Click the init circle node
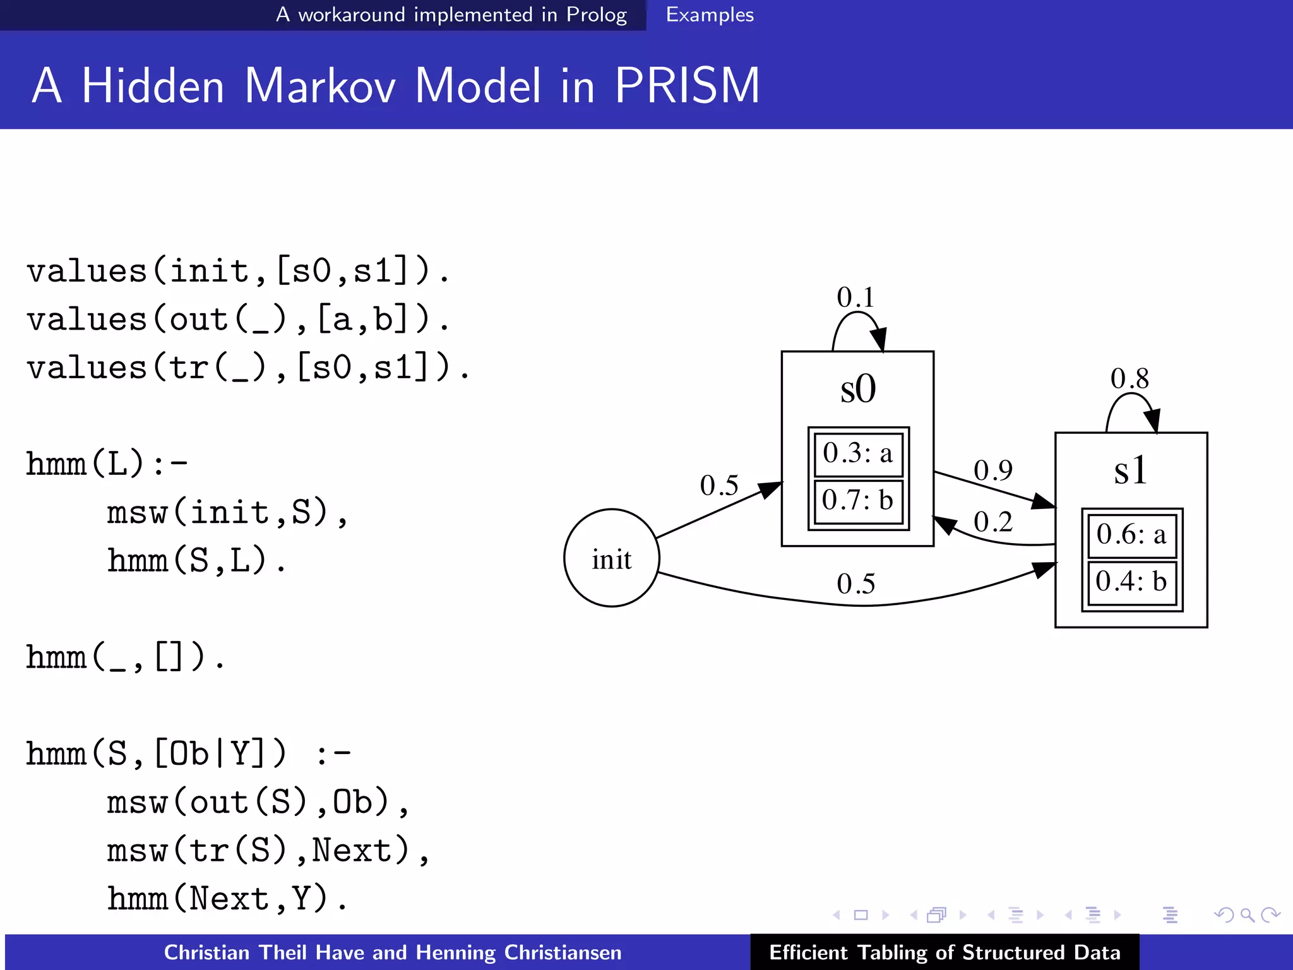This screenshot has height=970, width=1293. [x=611, y=558]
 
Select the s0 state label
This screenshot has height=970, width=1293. [x=858, y=389]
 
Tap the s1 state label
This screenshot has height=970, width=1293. [x=1130, y=470]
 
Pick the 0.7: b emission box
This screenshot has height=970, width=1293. [x=858, y=501]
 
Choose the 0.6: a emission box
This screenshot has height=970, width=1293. [x=1131, y=535]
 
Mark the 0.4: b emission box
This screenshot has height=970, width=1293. [x=1131, y=582]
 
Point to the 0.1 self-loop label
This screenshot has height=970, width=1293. [x=855, y=297]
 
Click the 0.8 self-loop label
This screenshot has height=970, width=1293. [x=1129, y=379]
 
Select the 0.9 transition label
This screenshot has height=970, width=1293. [x=992, y=470]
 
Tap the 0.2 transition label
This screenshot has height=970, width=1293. [x=992, y=522]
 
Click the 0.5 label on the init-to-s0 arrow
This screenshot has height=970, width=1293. [x=719, y=486]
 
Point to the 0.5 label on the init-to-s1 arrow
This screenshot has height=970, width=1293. [x=855, y=584]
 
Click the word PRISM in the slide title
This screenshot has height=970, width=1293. [x=687, y=86]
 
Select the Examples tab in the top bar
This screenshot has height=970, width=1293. [x=710, y=15]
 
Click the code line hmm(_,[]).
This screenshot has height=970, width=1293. [x=125, y=657]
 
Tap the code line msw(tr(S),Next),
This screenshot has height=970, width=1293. [x=268, y=851]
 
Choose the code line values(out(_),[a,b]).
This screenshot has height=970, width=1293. [x=238, y=320]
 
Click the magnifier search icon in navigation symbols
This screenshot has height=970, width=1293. [x=1246, y=914]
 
